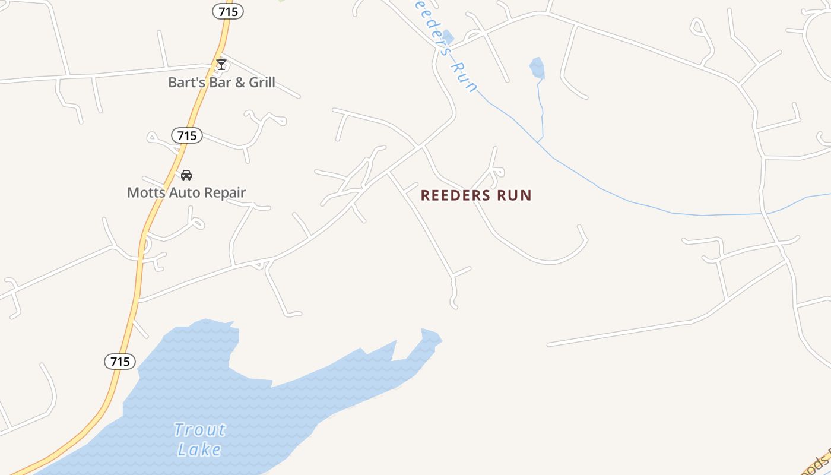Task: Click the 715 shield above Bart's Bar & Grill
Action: point(228,11)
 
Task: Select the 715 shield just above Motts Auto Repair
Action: point(187,135)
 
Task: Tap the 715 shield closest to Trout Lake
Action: point(120,361)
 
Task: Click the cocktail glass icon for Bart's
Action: point(221,64)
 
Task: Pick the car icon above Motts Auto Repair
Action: point(186,175)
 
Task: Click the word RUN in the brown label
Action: point(515,195)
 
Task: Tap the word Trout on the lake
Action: point(200,429)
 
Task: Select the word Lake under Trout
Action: point(199,449)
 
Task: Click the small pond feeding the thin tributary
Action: point(537,68)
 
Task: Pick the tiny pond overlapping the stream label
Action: point(448,37)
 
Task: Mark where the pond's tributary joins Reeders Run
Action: point(538,143)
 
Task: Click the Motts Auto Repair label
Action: point(186,192)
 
